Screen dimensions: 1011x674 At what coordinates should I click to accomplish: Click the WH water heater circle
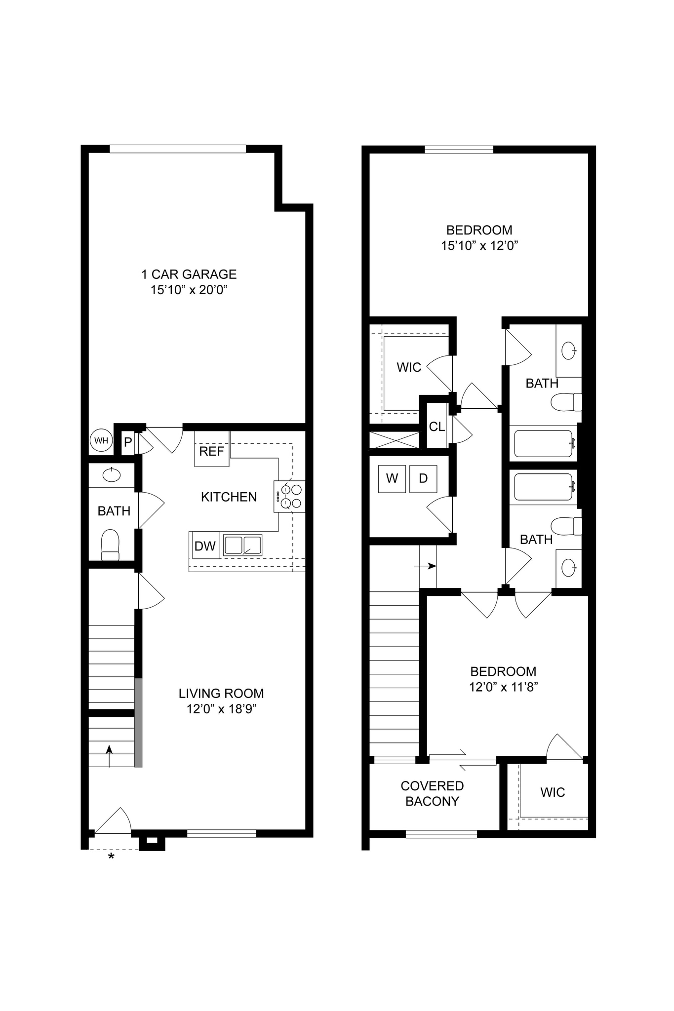pyautogui.click(x=101, y=440)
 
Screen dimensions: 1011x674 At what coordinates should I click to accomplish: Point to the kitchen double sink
pyautogui.click(x=242, y=545)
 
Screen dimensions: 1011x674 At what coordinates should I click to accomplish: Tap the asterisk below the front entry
pyautogui.click(x=111, y=857)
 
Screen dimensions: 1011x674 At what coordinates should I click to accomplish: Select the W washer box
pyautogui.click(x=392, y=478)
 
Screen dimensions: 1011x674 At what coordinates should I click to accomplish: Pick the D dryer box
pyautogui.click(x=423, y=478)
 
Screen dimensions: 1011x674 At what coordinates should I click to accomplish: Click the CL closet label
pyautogui.click(x=436, y=427)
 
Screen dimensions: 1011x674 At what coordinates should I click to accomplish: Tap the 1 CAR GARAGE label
pyautogui.click(x=189, y=274)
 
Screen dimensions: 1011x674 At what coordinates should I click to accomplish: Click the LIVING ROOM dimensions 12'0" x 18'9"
pyautogui.click(x=221, y=709)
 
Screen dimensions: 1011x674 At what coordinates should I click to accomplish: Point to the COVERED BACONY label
pyautogui.click(x=432, y=793)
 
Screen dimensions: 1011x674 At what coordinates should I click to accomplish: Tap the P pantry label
pyautogui.click(x=128, y=442)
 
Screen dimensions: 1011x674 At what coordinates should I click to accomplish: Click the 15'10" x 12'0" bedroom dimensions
pyautogui.click(x=479, y=245)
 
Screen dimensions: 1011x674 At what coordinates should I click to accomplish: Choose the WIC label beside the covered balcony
pyautogui.click(x=553, y=792)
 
